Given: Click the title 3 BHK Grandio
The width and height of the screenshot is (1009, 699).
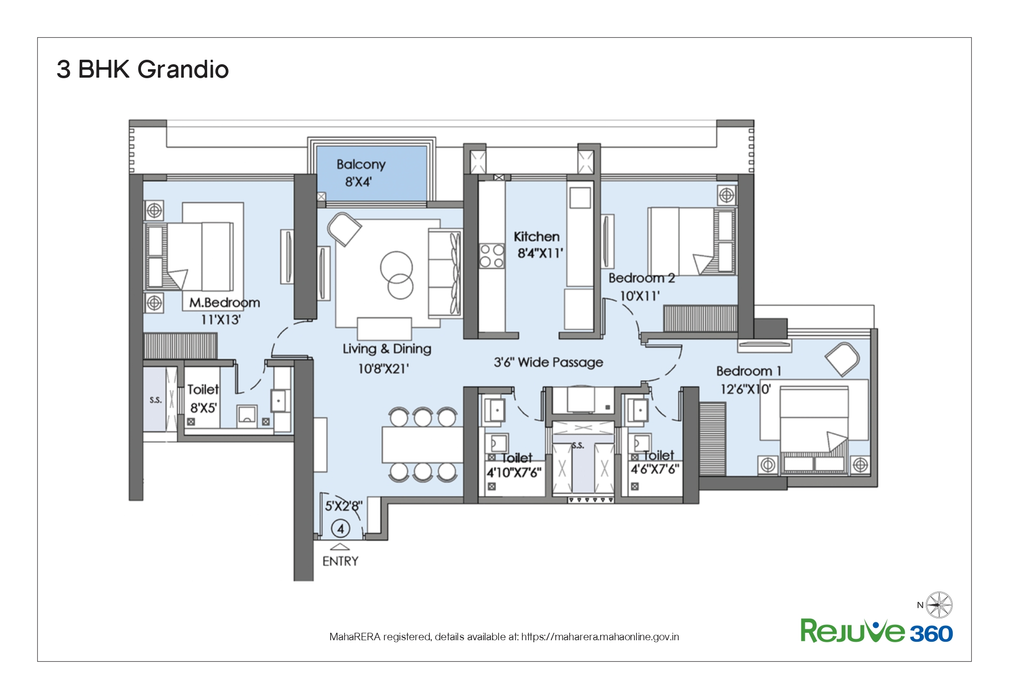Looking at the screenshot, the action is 142,69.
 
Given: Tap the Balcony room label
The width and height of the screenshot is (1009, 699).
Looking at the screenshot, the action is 361,165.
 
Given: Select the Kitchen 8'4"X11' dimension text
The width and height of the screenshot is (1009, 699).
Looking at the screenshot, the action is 540,253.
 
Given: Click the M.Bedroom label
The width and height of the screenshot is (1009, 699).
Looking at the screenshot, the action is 225,303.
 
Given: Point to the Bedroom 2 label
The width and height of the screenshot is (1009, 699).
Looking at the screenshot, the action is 642,278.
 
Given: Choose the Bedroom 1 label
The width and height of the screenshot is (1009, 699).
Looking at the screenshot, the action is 749,371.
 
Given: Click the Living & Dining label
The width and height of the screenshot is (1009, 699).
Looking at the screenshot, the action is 387,349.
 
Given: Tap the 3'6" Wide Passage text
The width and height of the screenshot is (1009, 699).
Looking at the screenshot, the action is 548,362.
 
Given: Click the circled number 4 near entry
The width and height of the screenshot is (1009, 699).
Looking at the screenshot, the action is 341,529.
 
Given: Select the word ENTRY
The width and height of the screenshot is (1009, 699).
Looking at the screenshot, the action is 341,562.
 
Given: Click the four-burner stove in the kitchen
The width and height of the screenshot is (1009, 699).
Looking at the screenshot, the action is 492,256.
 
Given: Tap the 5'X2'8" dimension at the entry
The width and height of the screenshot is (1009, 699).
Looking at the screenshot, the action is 344,506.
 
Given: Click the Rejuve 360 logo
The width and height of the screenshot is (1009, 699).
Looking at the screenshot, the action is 877,631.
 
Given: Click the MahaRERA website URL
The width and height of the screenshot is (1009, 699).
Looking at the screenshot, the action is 600,637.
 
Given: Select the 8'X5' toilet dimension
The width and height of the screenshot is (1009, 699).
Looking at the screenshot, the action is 204,409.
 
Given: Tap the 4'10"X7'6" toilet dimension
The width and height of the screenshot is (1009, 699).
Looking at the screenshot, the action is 514,472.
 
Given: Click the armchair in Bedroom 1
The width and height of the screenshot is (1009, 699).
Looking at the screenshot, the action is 842,359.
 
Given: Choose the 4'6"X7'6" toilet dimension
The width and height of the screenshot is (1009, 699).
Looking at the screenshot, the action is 655,469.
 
